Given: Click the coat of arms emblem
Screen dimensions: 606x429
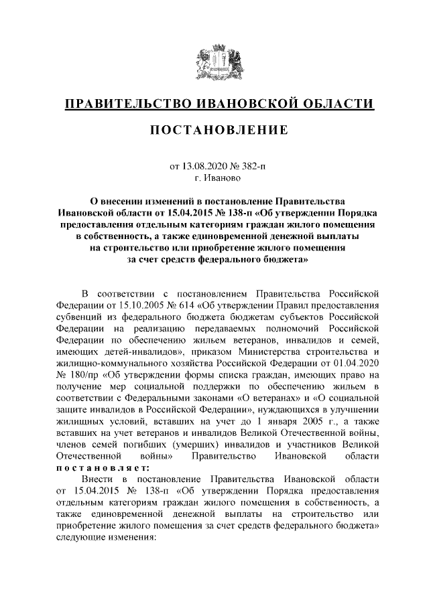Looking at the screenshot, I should click(x=214, y=61).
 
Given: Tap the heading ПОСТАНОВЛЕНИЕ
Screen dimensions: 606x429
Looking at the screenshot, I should click(x=214, y=129).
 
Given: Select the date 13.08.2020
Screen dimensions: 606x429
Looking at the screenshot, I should click(x=202, y=165).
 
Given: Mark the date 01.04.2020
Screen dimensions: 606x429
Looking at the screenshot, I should click(x=356, y=365).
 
